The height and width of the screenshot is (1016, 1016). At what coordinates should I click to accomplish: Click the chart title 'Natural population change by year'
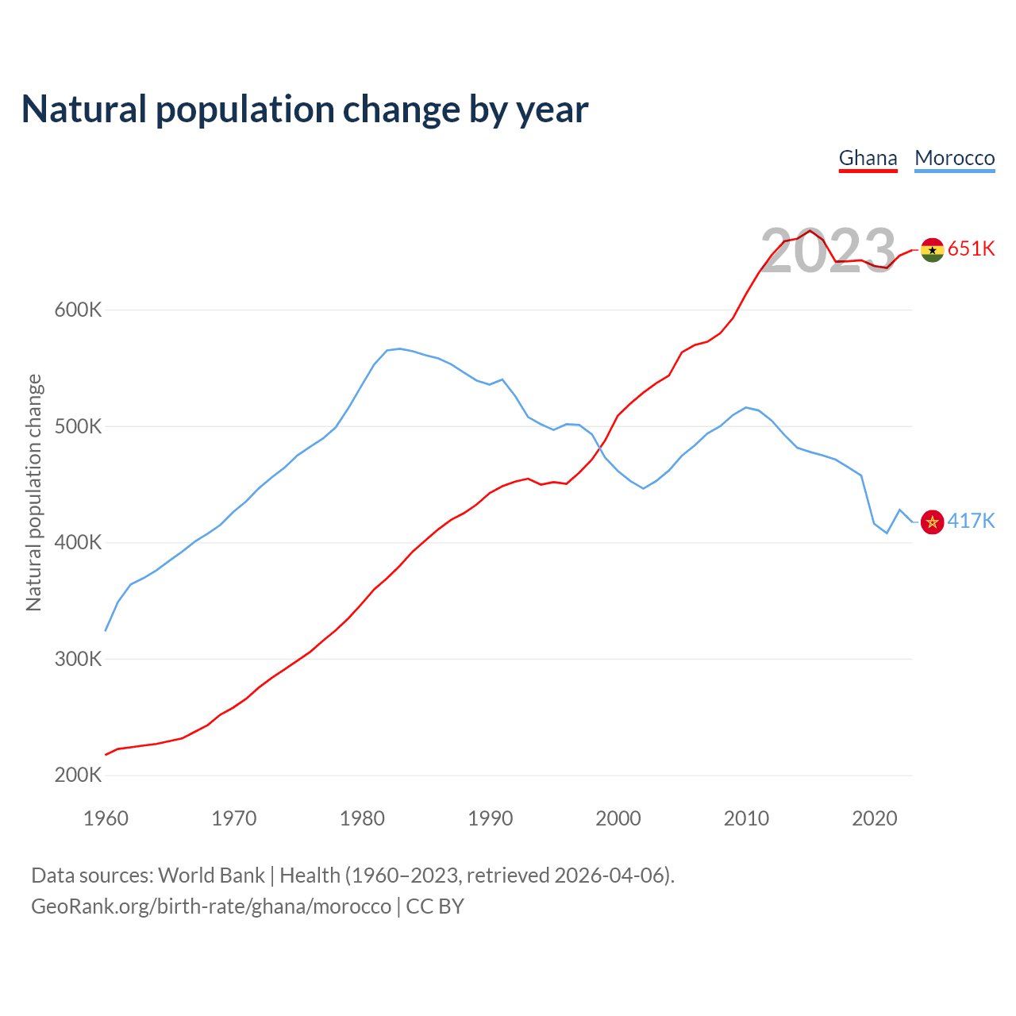[305, 110]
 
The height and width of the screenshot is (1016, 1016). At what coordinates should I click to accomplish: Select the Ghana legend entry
[868, 158]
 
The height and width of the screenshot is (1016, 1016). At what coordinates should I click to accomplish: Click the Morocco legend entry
[954, 158]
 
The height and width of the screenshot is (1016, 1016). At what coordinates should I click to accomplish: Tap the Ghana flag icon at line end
[932, 249]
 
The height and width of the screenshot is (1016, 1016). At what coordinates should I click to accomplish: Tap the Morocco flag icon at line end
[932, 522]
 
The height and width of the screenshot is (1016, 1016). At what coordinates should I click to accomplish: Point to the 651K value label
[972, 248]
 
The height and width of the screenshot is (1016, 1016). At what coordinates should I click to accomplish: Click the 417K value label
[972, 521]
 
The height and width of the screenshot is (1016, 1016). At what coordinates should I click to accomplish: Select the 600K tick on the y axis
[78, 310]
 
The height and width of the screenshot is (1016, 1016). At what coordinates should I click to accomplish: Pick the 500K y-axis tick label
[78, 426]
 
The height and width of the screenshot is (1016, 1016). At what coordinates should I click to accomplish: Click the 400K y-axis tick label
[78, 543]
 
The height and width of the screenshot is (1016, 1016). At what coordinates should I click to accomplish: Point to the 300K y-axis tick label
[78, 659]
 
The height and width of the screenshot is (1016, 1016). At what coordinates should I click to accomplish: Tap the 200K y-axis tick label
[78, 775]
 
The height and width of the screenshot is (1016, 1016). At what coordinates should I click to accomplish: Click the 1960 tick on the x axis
[106, 818]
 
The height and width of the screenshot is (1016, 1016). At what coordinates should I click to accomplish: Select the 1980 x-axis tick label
[362, 818]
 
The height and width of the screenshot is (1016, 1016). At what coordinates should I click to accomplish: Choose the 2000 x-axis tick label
[618, 818]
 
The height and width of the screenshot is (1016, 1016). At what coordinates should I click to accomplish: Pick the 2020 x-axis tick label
[874, 818]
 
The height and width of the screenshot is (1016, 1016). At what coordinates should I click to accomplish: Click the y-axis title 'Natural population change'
[33, 493]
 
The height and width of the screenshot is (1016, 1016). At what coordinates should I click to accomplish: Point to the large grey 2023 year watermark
[828, 251]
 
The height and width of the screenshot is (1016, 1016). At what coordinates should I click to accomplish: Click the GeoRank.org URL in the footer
[211, 906]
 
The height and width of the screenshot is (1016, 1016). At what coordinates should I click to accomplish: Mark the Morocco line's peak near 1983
[399, 348]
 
